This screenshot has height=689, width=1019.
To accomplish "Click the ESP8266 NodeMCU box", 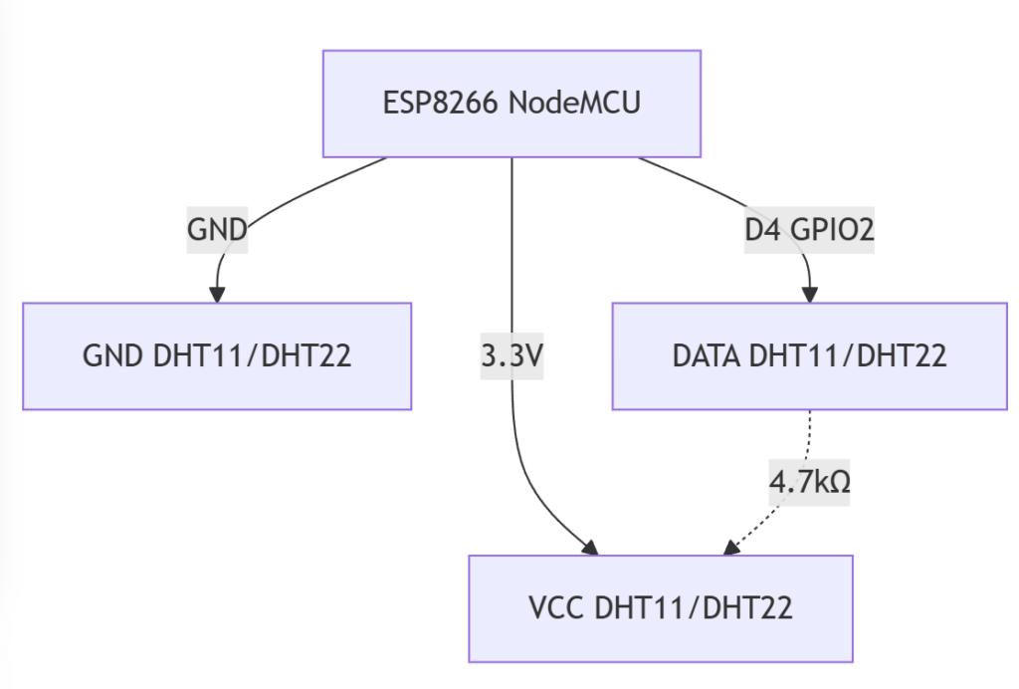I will point(511,104).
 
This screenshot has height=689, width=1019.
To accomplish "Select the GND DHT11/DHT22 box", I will point(217,355).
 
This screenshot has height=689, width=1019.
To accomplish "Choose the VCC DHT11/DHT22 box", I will point(660,607).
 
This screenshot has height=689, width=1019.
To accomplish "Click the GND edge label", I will point(217,230).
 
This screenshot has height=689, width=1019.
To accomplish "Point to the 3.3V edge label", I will point(511,356).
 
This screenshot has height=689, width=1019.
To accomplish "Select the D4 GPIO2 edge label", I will point(809,230).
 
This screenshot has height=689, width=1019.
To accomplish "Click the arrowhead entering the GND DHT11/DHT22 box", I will point(217,295).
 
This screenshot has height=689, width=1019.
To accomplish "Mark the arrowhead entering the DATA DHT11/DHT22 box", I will point(809,295).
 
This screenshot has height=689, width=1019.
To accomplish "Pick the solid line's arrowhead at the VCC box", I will point(590,548).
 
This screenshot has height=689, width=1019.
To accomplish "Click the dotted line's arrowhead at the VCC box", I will point(731,548).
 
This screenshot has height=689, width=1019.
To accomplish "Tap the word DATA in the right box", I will point(706,356).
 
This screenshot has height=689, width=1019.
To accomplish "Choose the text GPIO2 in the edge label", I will point(832,230).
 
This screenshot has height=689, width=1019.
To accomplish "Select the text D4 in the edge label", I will point(763,230).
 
